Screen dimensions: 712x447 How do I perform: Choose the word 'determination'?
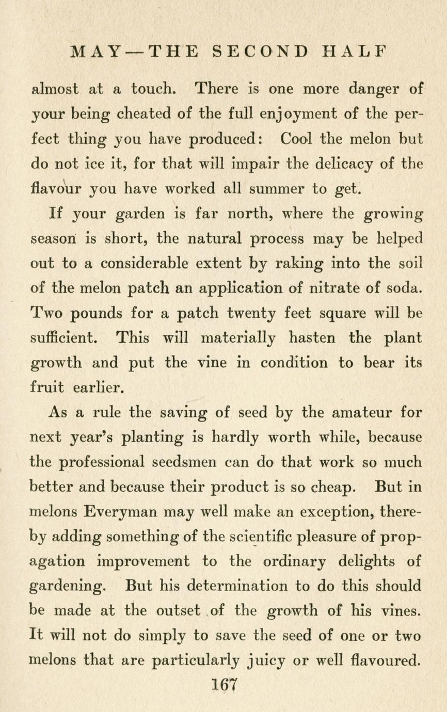238,586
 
